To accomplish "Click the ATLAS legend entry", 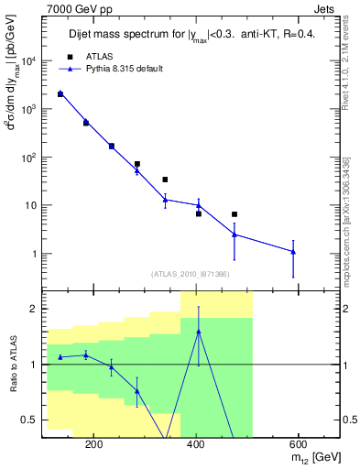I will [x=98, y=56].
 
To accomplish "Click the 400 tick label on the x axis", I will [x=195, y=444].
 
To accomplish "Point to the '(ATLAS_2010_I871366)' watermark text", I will [x=191, y=274].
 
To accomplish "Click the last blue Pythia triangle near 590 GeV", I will [x=293, y=251].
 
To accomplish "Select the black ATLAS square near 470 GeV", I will [x=235, y=214].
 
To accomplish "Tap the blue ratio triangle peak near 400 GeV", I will [x=199, y=331].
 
